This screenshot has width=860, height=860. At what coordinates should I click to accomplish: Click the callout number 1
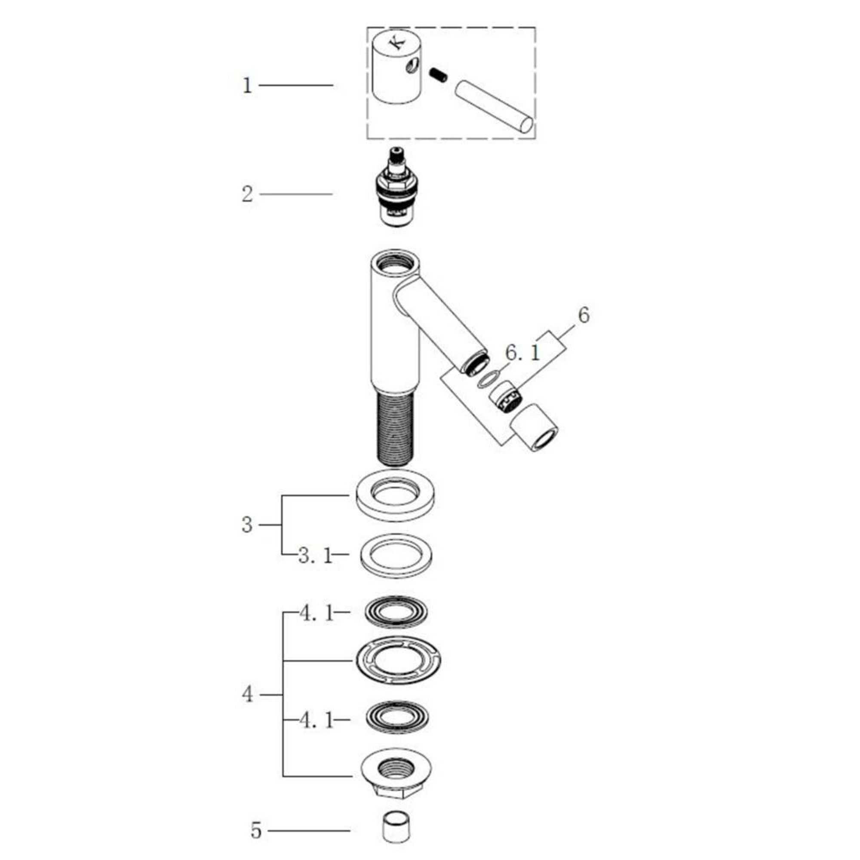point(247,86)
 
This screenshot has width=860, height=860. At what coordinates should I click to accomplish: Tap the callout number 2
point(247,194)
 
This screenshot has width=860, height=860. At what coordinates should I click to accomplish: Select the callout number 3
point(247,525)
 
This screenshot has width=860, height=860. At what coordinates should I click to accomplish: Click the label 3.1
point(315,556)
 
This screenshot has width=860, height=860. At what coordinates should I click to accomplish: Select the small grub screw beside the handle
point(439,75)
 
